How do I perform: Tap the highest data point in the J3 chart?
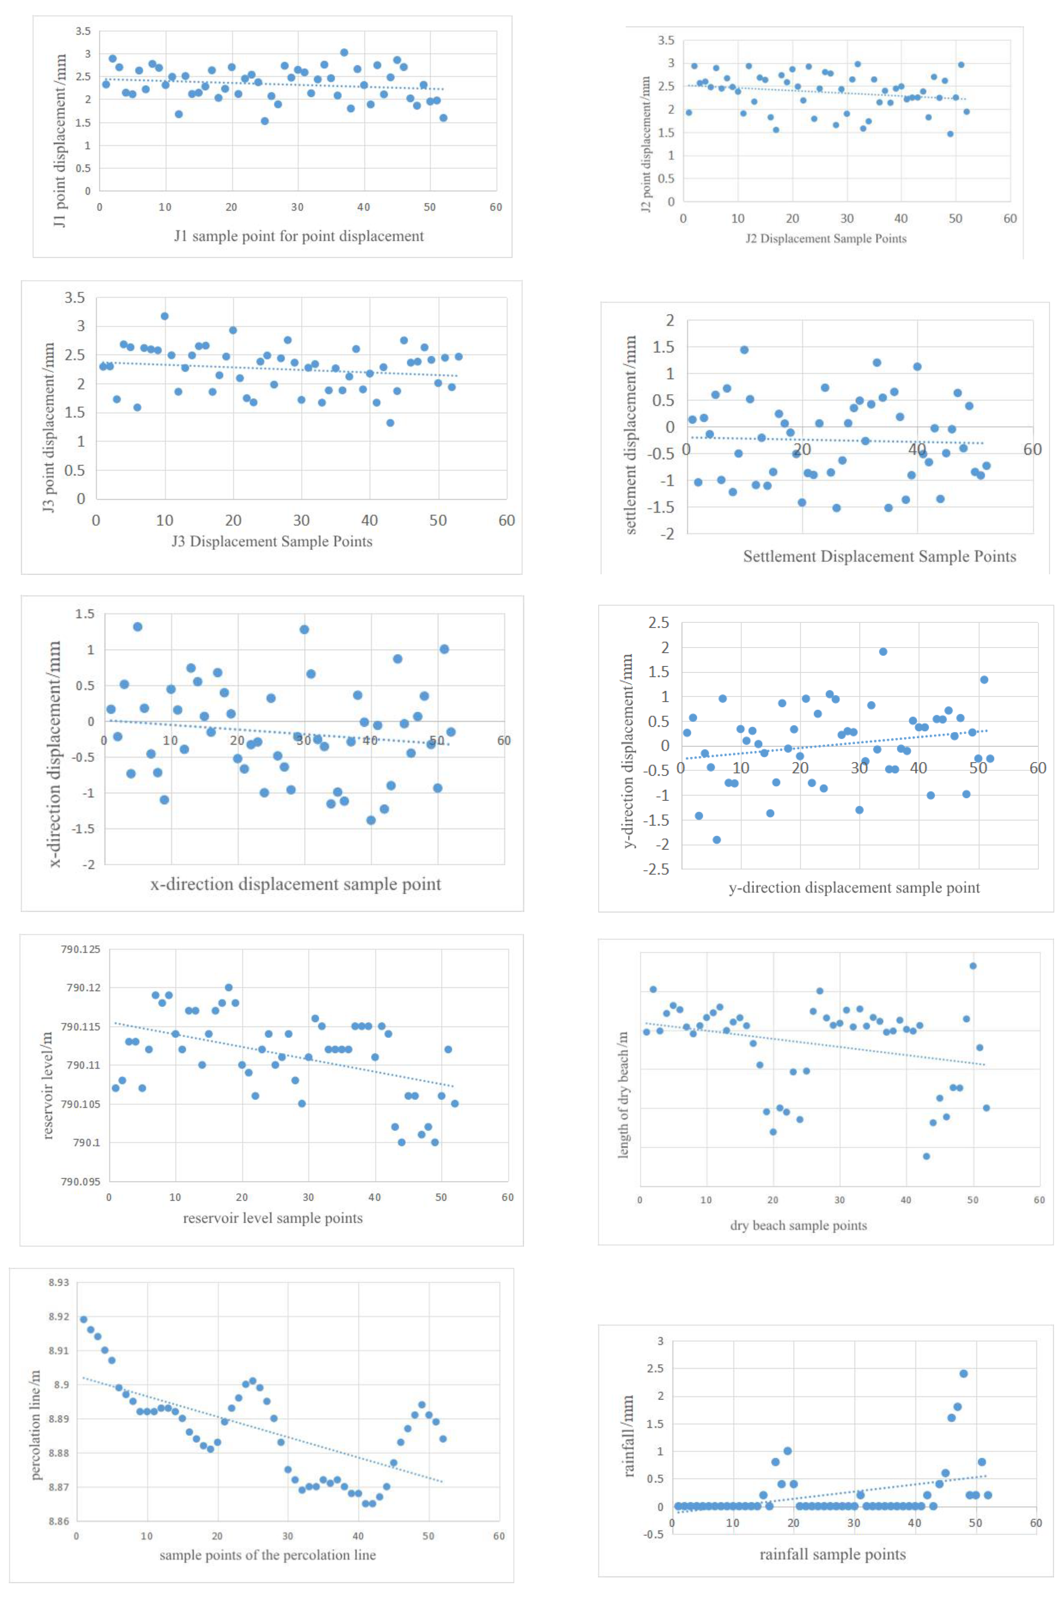(x=164, y=316)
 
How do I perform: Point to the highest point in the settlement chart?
(x=744, y=349)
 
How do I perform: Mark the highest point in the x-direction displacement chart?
(x=137, y=627)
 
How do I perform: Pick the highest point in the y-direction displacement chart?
(x=883, y=652)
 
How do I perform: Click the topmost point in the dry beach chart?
(x=973, y=966)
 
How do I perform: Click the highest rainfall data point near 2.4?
(x=963, y=1373)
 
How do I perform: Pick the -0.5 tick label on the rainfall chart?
(x=653, y=1535)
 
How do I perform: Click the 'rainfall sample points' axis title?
(x=832, y=1554)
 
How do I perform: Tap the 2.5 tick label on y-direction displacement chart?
(x=659, y=623)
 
